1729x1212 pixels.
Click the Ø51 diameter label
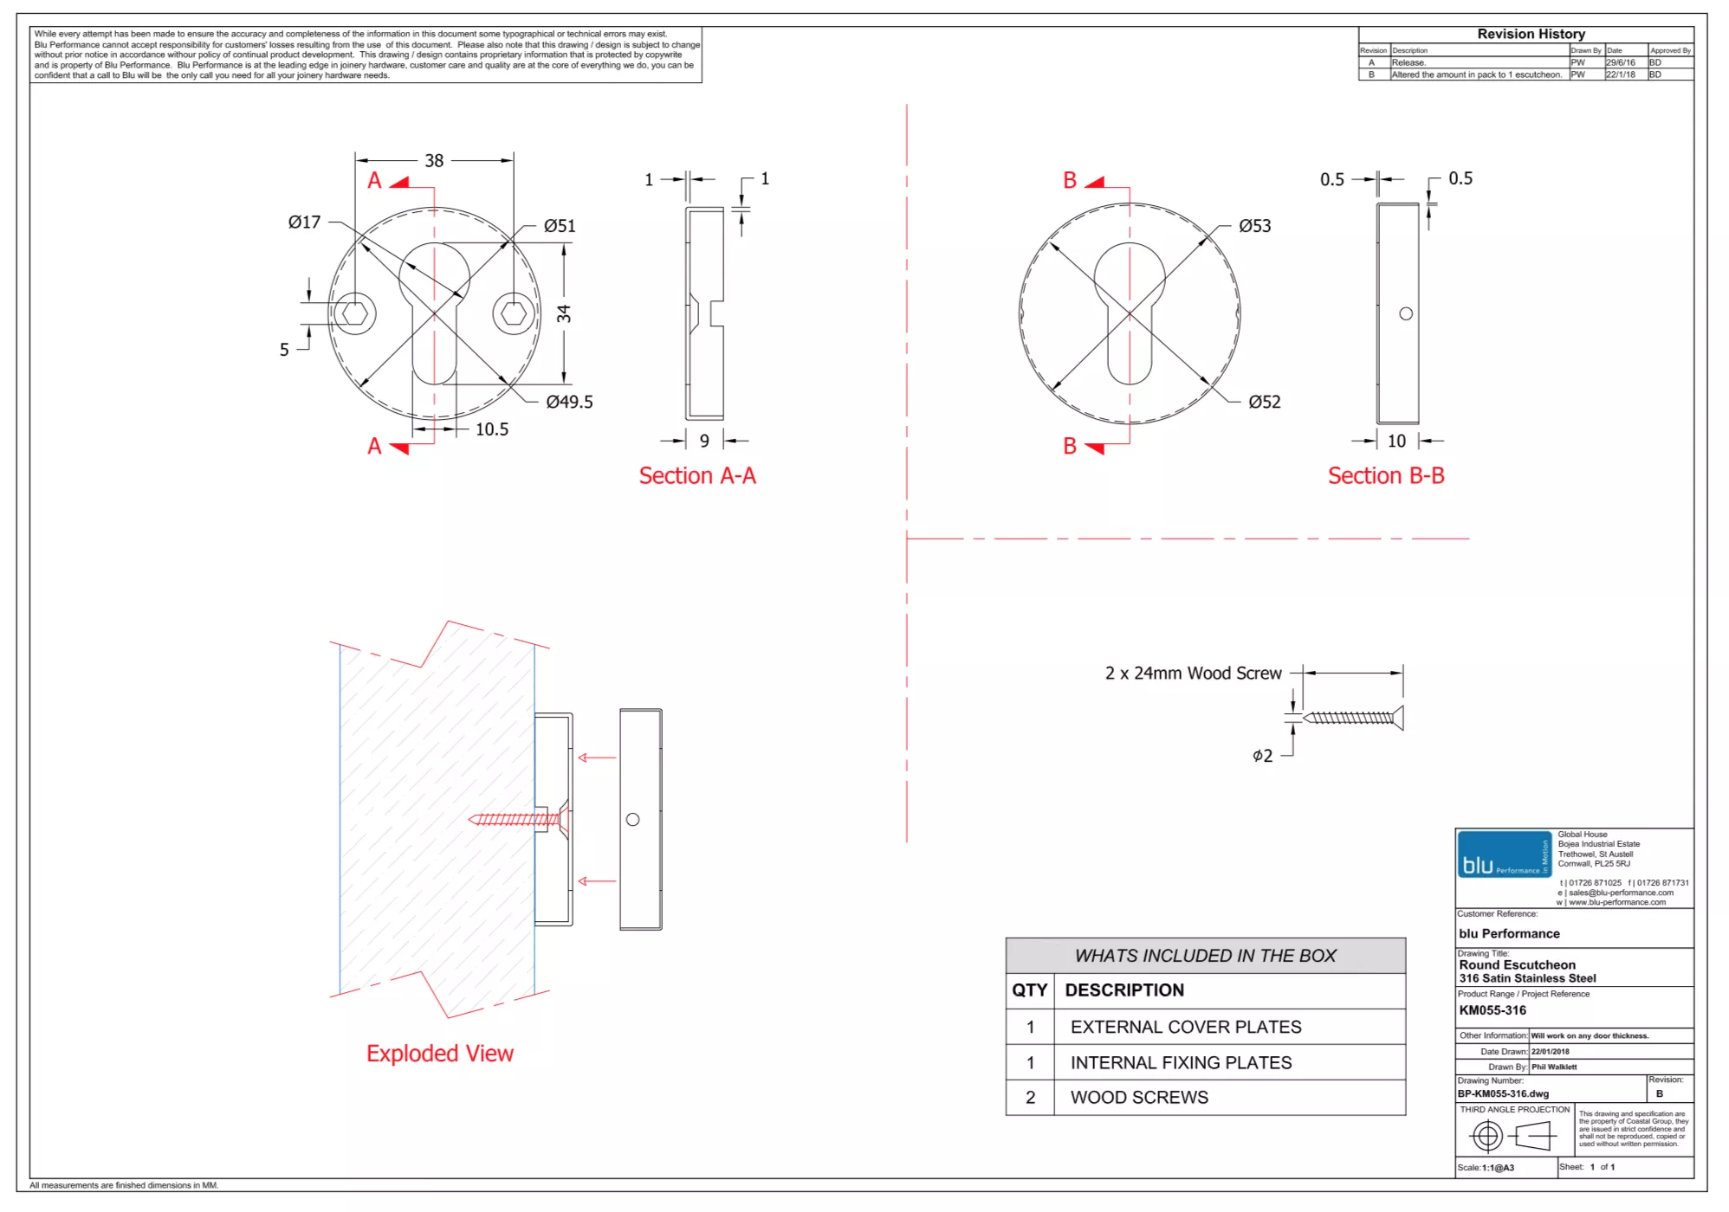(560, 226)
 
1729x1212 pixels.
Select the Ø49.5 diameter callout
(569, 402)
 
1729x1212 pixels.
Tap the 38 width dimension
(434, 161)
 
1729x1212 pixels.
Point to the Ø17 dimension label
(304, 222)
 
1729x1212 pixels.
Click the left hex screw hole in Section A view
(354, 313)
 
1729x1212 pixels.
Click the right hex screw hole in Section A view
(514, 313)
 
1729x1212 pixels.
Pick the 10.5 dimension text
(491, 429)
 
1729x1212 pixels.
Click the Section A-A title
(697, 476)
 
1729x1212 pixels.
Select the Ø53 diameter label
(1254, 226)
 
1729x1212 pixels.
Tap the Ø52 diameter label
(1264, 402)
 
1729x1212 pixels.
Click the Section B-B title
(1386, 476)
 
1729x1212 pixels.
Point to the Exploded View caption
(440, 1054)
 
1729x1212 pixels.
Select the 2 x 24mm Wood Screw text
(1193, 674)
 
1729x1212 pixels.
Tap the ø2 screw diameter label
(1262, 756)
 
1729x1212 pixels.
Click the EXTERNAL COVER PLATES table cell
(1186, 1027)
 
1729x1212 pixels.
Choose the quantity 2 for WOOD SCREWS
(1030, 1098)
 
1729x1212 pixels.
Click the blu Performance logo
(1504, 854)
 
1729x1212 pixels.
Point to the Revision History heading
(1531, 34)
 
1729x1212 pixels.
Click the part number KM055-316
(1493, 1010)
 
